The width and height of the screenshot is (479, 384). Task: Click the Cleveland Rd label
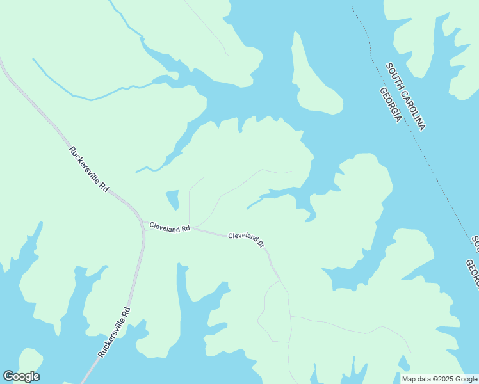tap(170, 227)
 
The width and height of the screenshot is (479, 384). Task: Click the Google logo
tap(21, 376)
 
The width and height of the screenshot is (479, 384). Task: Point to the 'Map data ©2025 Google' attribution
tap(439, 379)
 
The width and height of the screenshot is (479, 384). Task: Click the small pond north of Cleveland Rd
tap(172, 199)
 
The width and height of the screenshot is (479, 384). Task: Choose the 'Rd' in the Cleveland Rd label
tap(186, 229)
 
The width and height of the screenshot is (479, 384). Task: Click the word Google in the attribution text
tap(465, 379)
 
